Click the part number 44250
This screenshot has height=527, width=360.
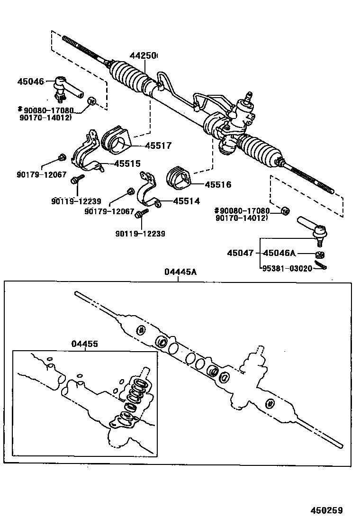143,56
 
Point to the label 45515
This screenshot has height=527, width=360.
127,164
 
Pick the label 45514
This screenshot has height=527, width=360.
186,201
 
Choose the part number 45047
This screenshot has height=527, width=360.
240,253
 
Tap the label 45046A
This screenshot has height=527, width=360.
279,253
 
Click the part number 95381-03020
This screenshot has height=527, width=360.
287,268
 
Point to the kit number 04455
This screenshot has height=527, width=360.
85,344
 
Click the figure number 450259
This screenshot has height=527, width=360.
326,510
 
